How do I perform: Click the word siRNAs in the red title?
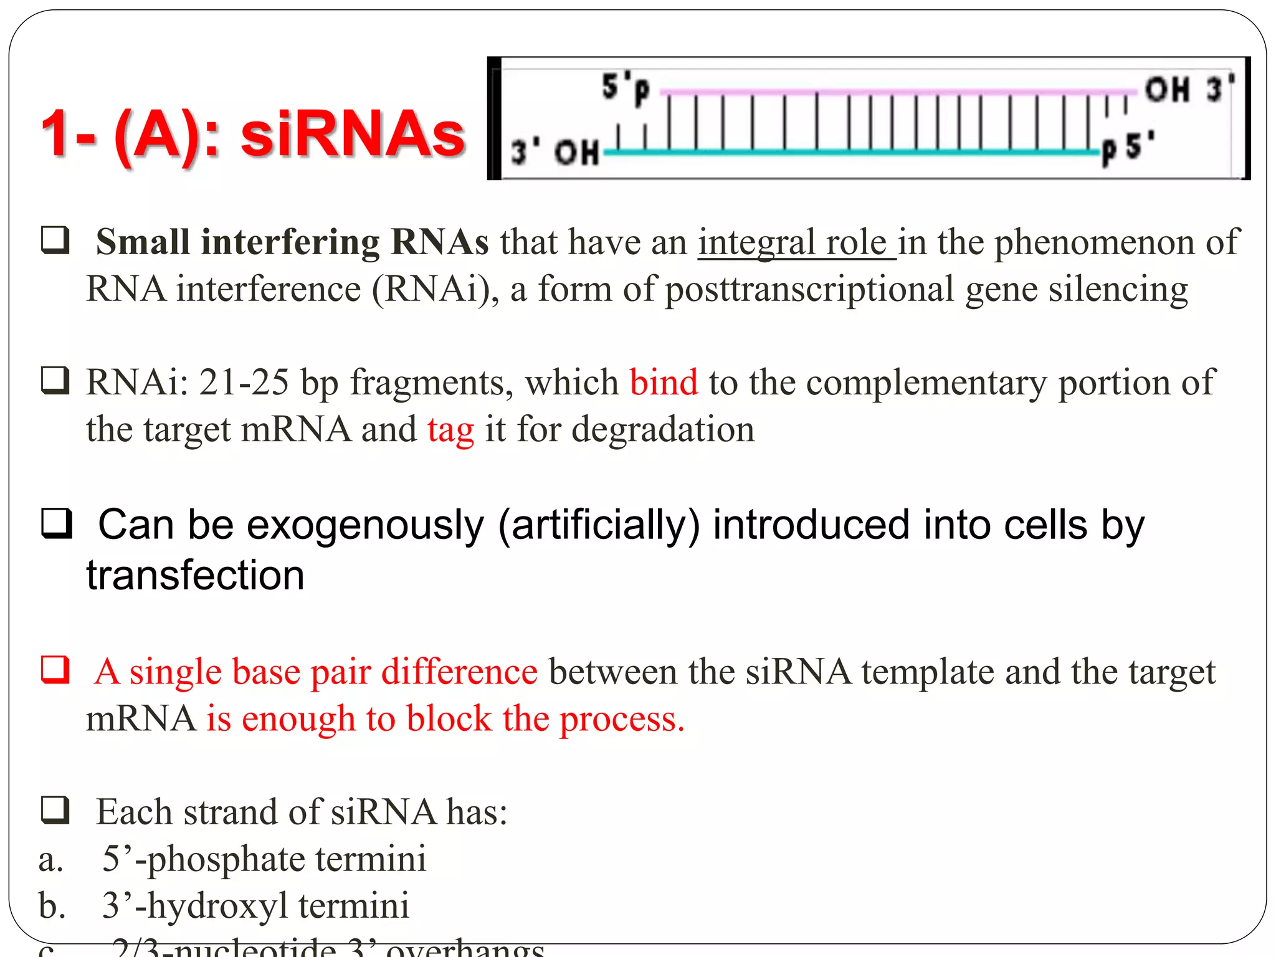[353, 135]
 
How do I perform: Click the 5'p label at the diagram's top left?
[625, 88]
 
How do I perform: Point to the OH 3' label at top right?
[1189, 89]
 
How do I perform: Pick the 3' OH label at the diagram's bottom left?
[555, 152]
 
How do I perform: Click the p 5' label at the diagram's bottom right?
[1128, 148]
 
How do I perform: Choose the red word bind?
[663, 382]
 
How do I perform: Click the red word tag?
[450, 430]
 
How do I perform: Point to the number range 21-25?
[244, 382]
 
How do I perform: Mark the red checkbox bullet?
[55, 670]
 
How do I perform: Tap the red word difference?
[459, 672]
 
